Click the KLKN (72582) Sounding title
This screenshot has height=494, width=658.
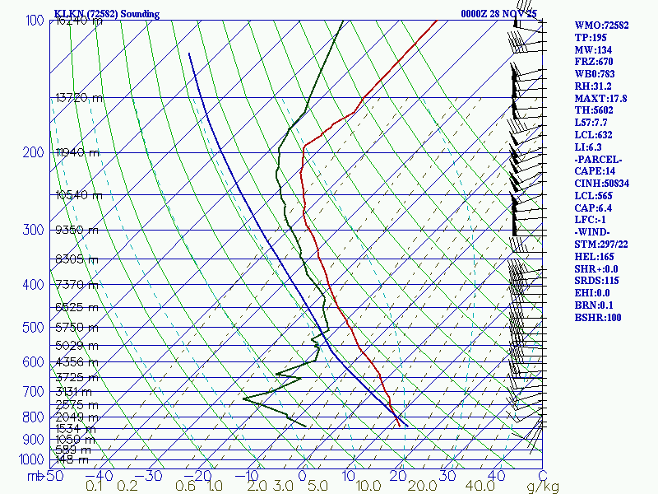106,14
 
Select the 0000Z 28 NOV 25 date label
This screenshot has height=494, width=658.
499,14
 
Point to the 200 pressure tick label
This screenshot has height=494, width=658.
34,153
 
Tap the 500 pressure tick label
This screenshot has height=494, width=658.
34,328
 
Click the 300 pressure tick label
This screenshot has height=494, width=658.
34,230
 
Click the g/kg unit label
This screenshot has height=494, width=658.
542,487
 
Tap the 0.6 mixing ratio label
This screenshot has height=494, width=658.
187,487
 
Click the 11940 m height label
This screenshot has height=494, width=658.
77,153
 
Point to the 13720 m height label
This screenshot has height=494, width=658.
79,98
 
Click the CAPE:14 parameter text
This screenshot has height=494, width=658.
595,171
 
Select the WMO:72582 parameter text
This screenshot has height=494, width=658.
601,26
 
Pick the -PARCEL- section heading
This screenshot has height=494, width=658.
598,159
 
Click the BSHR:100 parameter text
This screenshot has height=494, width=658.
598,317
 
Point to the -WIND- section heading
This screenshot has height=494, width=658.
594,232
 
